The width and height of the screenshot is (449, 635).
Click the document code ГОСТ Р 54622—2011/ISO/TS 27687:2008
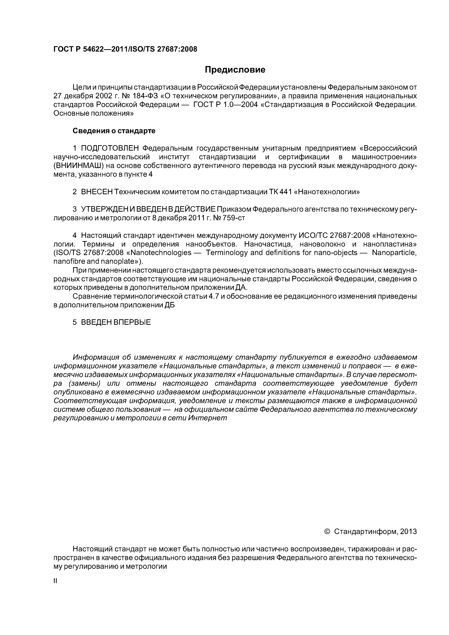125,49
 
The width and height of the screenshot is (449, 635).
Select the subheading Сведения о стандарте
114,131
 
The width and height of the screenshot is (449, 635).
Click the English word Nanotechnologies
160,253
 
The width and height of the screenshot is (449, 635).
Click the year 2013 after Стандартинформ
408,532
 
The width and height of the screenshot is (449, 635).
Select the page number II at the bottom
55,581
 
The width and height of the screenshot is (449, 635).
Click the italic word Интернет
207,418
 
